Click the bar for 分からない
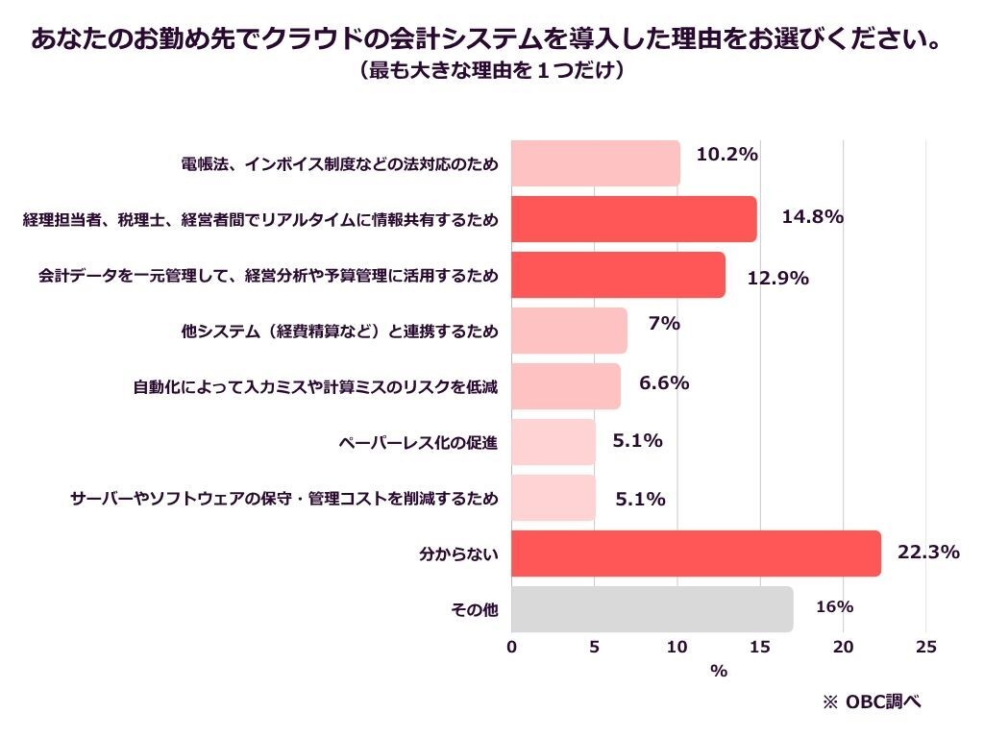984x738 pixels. pyautogui.click(x=696, y=553)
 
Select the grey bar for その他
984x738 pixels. pyautogui.click(x=652, y=609)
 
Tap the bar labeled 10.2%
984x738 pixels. pyautogui.click(x=596, y=163)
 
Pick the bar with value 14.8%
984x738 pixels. pyautogui.click(x=634, y=219)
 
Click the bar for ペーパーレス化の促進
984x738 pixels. pyautogui.click(x=553, y=442)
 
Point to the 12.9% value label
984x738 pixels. pyautogui.click(x=777, y=279)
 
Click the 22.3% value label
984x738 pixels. pyautogui.click(x=928, y=552)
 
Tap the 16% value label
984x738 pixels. pyautogui.click(x=834, y=607)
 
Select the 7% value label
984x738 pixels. pyautogui.click(x=664, y=324)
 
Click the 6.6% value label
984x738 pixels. pyautogui.click(x=664, y=382)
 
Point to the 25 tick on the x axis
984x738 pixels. pyautogui.click(x=926, y=648)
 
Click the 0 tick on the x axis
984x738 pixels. pyautogui.click(x=511, y=648)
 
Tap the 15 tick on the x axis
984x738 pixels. pyautogui.click(x=760, y=648)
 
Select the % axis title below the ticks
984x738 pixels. pyautogui.click(x=719, y=672)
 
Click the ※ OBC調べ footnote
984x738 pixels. pyautogui.click(x=872, y=702)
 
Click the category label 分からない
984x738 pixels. pyautogui.click(x=459, y=554)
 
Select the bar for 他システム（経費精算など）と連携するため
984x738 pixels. pyautogui.click(x=569, y=331)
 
